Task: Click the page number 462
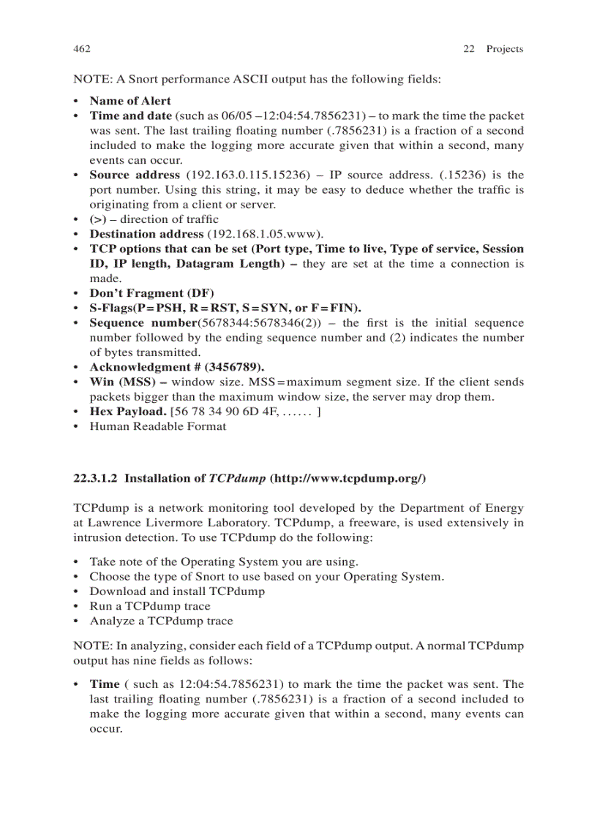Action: pos(81,49)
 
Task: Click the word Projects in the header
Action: pos(504,49)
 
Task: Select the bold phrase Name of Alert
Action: pos(130,101)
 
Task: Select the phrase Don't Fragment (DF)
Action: pos(151,293)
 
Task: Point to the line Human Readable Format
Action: pos(157,426)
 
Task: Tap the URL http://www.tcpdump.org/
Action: pos(348,479)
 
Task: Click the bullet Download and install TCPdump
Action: pos(177,591)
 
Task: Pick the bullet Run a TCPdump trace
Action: pos(149,606)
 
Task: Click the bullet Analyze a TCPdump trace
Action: pos(161,621)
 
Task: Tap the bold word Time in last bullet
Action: pos(104,684)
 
